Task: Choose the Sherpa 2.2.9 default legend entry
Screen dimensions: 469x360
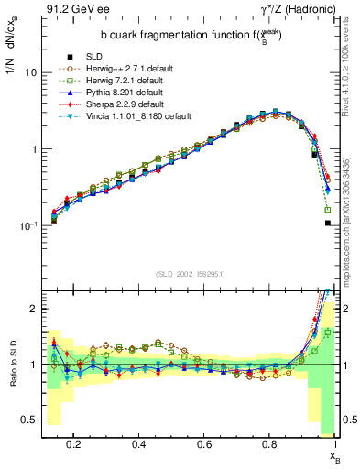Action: (115, 104)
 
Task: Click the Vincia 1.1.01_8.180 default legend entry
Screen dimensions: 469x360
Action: (127, 116)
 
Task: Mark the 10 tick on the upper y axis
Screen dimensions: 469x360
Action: (31, 72)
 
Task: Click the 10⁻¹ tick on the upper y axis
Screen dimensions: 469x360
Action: (27, 225)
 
